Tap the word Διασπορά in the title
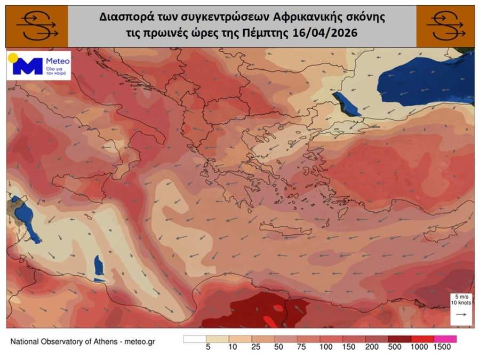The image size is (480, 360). click(121, 17)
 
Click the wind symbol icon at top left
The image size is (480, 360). click(37, 26)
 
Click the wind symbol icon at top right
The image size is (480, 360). click(445, 26)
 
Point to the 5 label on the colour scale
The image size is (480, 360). click(206, 347)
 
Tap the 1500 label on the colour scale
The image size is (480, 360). click(442, 347)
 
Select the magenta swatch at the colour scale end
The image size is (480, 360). click(445, 339)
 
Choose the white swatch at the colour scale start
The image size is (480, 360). click(195, 339)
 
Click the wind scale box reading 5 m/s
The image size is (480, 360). click(459, 299)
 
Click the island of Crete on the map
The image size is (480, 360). click(285, 229)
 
